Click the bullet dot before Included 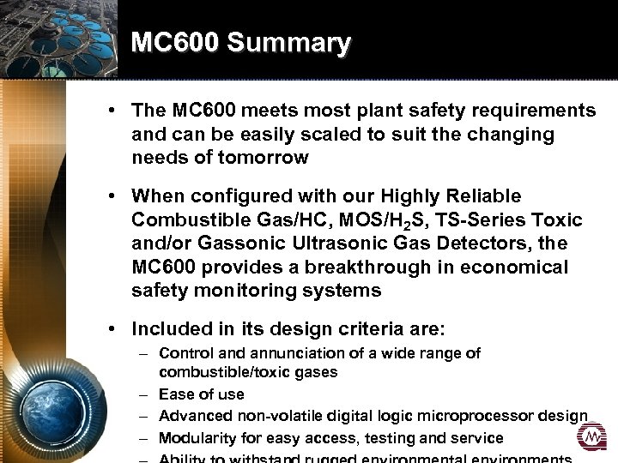[x=112, y=328]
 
